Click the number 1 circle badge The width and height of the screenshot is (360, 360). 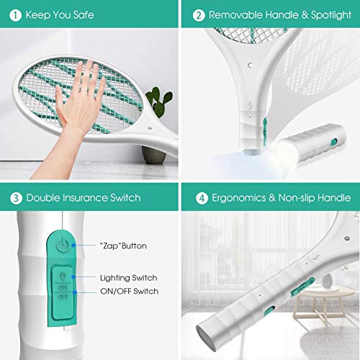pyautogui.click(x=15, y=15)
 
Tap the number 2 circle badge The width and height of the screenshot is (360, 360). pyautogui.click(x=199, y=15)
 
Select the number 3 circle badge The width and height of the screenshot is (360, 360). pyautogui.click(x=16, y=198)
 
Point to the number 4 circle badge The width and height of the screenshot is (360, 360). pyautogui.click(x=202, y=198)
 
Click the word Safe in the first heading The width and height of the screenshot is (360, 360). pyautogui.click(x=84, y=15)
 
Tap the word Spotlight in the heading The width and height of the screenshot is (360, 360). pyautogui.click(x=331, y=15)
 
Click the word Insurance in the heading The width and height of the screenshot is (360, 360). pyautogui.click(x=86, y=198)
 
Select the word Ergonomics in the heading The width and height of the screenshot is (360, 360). pyautogui.click(x=239, y=198)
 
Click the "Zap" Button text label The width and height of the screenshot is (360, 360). pyautogui.click(x=123, y=246)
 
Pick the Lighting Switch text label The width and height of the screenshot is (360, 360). pyautogui.click(x=129, y=278)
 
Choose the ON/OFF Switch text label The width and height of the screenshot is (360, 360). pyautogui.click(x=130, y=291)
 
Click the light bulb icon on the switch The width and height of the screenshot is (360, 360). pyautogui.click(x=63, y=276)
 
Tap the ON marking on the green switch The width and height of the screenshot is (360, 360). pyautogui.click(x=63, y=287)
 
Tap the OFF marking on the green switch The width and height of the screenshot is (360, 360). pyautogui.click(x=63, y=297)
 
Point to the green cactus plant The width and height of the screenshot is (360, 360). pyautogui.click(x=159, y=102)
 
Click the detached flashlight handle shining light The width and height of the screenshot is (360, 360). pyautogui.click(x=312, y=142)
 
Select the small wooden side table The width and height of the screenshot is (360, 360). pyautogui.click(x=323, y=304)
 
